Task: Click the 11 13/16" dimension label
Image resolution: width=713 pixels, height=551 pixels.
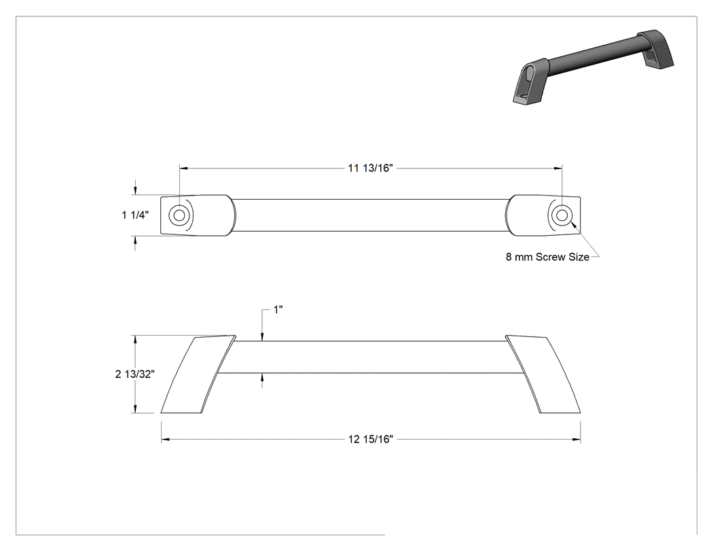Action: tap(369, 168)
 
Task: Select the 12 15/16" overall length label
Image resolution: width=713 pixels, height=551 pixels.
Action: tap(370, 439)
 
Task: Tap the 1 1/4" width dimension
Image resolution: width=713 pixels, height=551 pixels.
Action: tap(135, 215)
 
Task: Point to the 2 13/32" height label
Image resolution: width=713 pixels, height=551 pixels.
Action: tap(135, 374)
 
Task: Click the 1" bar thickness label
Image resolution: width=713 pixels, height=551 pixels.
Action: tap(278, 310)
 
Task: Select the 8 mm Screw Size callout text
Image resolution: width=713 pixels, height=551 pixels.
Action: tap(547, 257)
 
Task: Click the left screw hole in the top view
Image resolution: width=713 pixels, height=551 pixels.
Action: tap(179, 215)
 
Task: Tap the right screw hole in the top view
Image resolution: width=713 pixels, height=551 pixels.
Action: tap(562, 215)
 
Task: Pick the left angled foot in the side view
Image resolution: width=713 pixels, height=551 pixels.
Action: tap(199, 374)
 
